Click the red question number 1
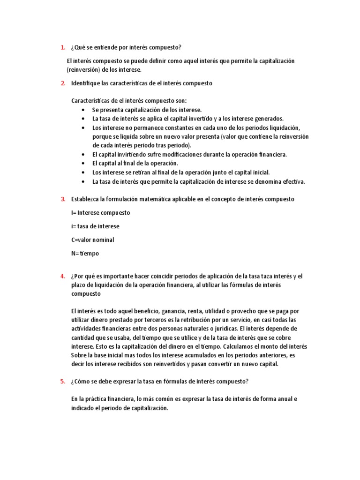pos(62,47)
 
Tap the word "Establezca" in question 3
pos(85,199)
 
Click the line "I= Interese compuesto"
pos(100,212)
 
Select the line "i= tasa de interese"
pos(95,226)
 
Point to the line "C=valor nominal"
pos(92,240)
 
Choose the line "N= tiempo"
pos(85,253)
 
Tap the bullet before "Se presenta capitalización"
pos(83,110)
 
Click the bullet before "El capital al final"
pos(83,164)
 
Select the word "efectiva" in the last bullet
pos(292,181)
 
